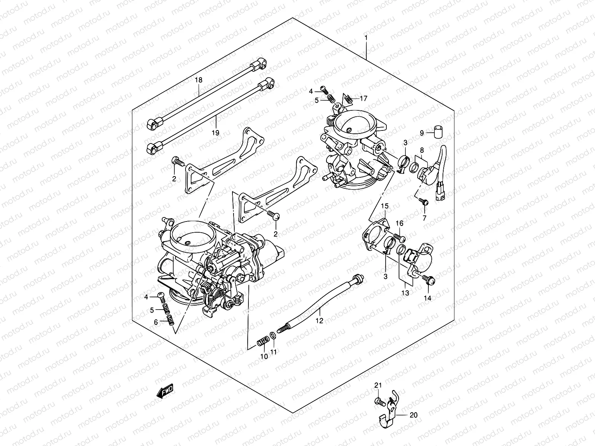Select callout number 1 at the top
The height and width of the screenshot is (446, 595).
click(x=366, y=38)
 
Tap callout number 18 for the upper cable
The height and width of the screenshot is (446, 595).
click(x=199, y=80)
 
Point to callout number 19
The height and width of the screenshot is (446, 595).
click(x=216, y=133)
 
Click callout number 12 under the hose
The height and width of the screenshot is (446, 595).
click(x=320, y=320)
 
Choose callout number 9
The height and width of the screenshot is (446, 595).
click(x=422, y=133)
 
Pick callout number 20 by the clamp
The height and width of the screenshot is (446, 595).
click(x=414, y=415)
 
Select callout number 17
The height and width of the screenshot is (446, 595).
click(x=363, y=98)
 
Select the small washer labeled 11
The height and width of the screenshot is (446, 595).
click(x=273, y=336)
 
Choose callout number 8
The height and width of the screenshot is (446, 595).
click(x=422, y=151)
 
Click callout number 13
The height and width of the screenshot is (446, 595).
click(x=405, y=293)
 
